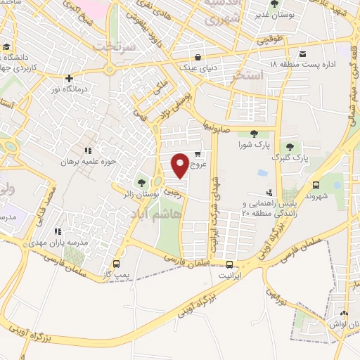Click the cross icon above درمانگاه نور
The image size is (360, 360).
pos(69,79)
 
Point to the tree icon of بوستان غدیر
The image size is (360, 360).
pos(274,4)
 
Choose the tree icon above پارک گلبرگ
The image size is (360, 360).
pos(290,145)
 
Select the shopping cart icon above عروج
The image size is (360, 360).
pos(198,154)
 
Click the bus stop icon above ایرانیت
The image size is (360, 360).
pos(231,264)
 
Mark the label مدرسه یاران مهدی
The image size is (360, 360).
pos(61,242)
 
